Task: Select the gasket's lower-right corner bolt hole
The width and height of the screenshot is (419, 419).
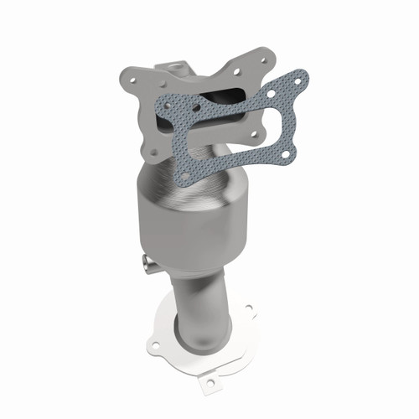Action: tap(287, 154)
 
